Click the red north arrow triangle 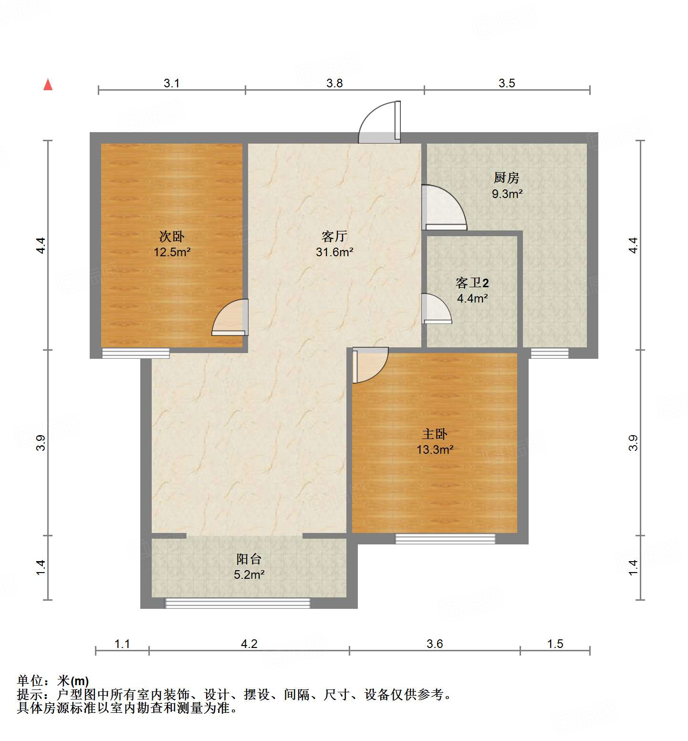point(48,85)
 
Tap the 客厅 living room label point(334,236)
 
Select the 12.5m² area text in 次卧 point(172,252)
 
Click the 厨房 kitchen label point(506,178)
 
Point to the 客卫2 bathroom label point(472,283)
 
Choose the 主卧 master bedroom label point(434,434)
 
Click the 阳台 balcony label point(249,559)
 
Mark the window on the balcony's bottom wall point(238,603)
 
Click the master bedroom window point(445,539)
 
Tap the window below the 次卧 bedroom point(136,354)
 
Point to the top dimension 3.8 point(334,83)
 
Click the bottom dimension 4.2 point(249,644)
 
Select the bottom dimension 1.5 point(555,644)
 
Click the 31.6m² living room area point(334,252)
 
